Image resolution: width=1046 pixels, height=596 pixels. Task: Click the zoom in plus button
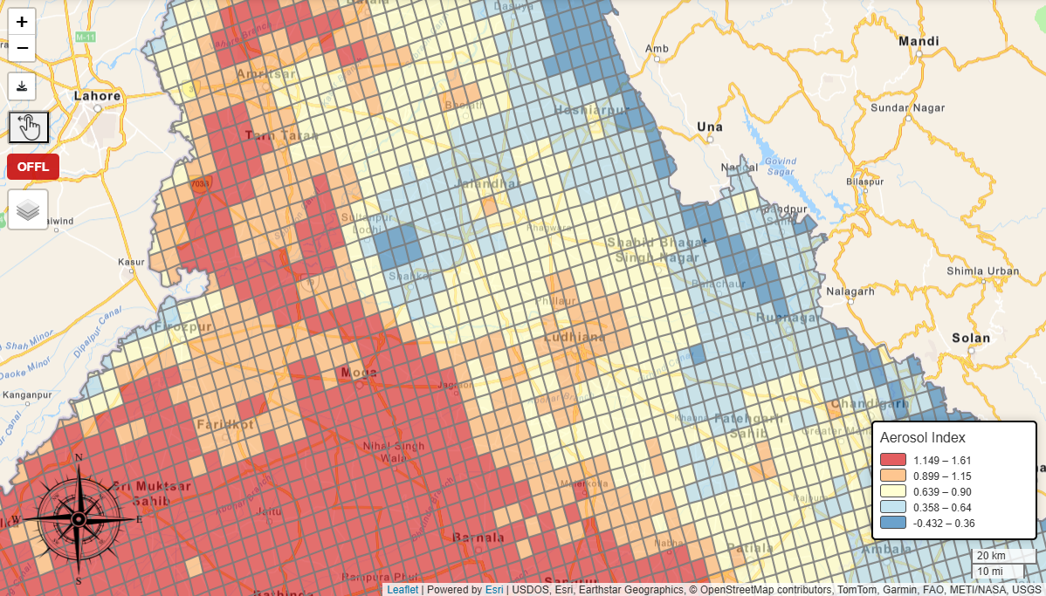click(x=22, y=22)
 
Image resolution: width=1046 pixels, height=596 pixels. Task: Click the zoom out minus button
click(x=22, y=48)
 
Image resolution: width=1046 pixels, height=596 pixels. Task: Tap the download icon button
click(x=22, y=86)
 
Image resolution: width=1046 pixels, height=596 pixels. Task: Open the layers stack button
click(x=28, y=209)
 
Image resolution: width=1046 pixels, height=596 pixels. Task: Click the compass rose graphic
click(x=79, y=519)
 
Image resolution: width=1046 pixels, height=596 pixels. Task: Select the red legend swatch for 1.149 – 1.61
click(x=892, y=460)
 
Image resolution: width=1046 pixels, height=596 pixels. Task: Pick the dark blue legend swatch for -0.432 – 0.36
click(x=892, y=523)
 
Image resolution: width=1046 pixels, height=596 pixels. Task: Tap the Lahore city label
click(x=97, y=96)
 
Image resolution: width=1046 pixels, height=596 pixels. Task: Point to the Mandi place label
click(x=919, y=41)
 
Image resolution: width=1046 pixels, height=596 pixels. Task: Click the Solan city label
click(x=971, y=338)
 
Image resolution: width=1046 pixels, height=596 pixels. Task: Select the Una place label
click(x=710, y=127)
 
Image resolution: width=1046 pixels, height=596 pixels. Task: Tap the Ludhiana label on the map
click(x=574, y=337)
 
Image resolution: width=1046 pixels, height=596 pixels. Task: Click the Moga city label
click(x=359, y=373)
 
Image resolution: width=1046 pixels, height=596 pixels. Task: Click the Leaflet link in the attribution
click(x=402, y=590)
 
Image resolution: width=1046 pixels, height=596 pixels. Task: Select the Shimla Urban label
click(x=983, y=271)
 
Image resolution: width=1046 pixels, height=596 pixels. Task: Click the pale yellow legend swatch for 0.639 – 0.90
click(x=892, y=491)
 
